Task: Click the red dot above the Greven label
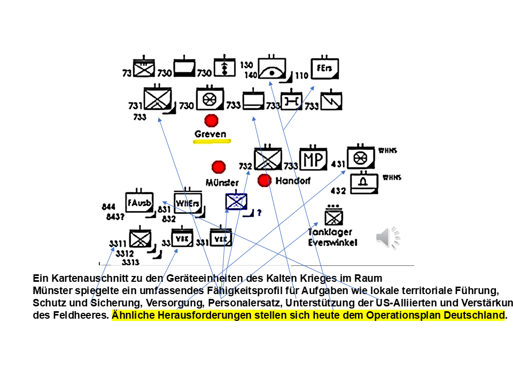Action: point(211,120)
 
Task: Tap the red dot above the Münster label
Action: point(218,167)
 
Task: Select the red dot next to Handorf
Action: point(264,180)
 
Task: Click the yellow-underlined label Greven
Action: point(211,134)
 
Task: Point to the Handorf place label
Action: point(293,181)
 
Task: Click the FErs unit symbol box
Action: point(325,68)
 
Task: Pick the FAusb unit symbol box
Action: point(139,202)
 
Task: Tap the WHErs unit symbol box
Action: point(188,202)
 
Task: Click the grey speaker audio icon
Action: point(388,237)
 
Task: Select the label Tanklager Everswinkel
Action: point(332,237)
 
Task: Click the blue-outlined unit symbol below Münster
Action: point(237,202)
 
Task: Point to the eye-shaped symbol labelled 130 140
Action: point(273,70)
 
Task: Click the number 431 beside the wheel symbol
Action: point(338,164)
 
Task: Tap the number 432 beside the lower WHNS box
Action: point(338,190)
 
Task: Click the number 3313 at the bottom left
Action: point(130,262)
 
